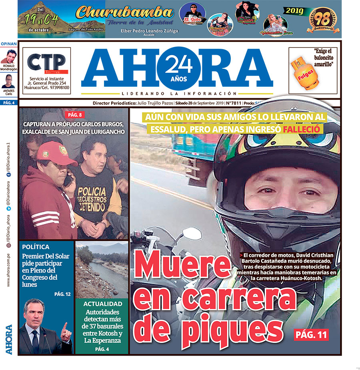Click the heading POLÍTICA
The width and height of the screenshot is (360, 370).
pos(36,247)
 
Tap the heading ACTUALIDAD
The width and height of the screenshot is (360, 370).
pos(102,304)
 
